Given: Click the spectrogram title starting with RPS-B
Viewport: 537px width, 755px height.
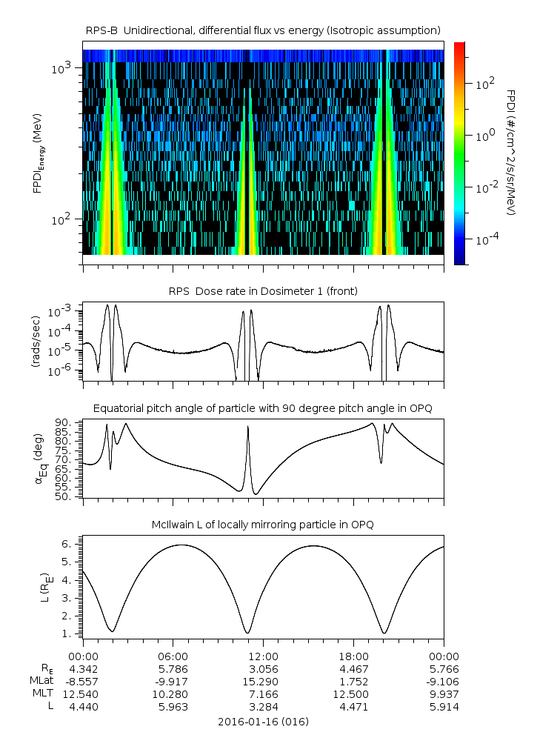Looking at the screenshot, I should click(264, 30).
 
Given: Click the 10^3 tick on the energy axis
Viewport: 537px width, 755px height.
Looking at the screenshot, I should click(61, 68).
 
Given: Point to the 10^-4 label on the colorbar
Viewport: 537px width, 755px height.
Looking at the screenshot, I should click(486, 241).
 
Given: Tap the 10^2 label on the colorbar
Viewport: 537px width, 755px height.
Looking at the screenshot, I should click(486, 84).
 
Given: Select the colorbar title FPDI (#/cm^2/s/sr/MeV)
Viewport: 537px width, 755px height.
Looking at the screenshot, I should click(511, 153).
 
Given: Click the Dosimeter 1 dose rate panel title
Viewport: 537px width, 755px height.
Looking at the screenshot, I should click(264, 291).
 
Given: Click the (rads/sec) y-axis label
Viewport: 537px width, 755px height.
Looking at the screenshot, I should click(36, 342).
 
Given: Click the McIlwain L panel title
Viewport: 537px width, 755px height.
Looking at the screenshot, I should click(264, 525).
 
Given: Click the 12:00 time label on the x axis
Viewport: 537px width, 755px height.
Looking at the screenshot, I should click(264, 656).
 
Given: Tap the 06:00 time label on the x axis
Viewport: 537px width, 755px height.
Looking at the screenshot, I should click(173, 656).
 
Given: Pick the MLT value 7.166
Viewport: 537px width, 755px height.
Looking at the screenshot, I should click(264, 694).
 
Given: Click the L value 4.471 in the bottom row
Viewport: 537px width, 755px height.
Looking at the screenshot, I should click(354, 707).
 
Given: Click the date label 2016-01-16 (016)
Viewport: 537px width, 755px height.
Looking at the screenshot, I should click(264, 722).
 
